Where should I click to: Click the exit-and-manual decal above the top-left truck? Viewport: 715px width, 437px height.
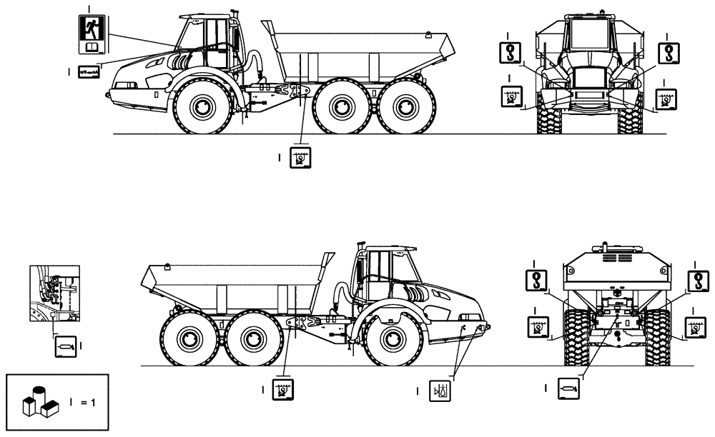pyautogui.click(x=92, y=34)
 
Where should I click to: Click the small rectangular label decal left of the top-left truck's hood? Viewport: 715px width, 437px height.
pyautogui.click(x=89, y=71)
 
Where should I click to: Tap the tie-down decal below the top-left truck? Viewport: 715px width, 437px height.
pyautogui.click(x=300, y=156)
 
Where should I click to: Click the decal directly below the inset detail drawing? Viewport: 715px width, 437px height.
pyautogui.click(x=64, y=346)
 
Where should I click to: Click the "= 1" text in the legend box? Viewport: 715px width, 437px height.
pyautogui.click(x=88, y=402)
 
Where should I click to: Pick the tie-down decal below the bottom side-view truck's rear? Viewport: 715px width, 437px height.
pyautogui.click(x=283, y=391)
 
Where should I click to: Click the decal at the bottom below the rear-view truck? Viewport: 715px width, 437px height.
pyautogui.click(x=568, y=388)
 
